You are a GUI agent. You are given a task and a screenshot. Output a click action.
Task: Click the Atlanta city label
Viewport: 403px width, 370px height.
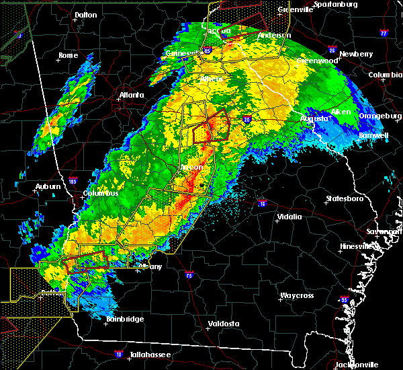[x=132, y=95]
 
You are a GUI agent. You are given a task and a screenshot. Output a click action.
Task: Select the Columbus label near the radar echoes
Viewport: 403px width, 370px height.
[x=101, y=194]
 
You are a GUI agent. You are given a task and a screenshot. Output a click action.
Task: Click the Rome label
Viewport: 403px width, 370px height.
[x=68, y=55]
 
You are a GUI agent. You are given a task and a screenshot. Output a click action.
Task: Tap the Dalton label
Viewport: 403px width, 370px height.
[x=85, y=14]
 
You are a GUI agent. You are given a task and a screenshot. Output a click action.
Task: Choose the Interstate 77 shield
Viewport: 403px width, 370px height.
[x=384, y=32]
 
